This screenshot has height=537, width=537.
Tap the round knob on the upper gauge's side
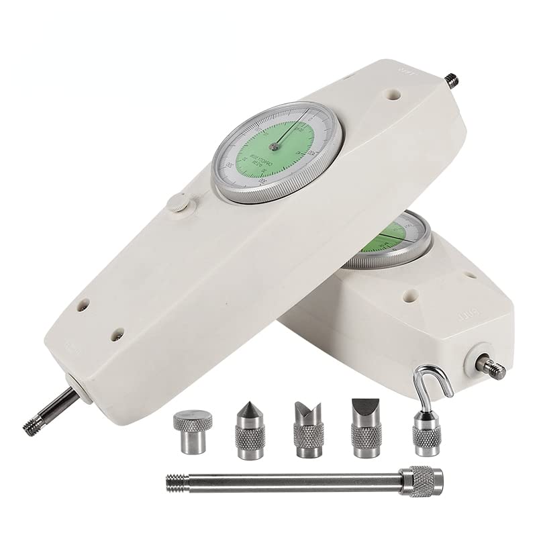point(178,203)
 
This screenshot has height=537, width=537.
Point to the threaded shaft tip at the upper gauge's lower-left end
point(34,421)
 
